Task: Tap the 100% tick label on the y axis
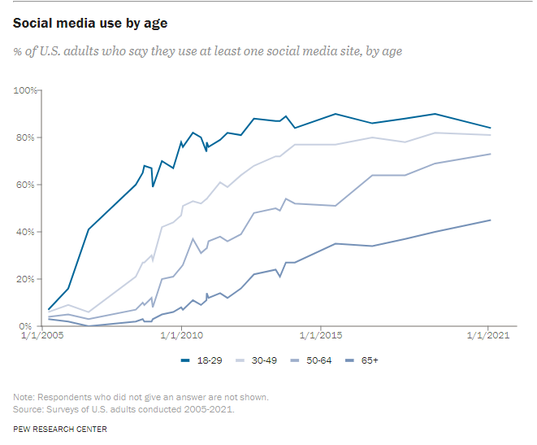26,90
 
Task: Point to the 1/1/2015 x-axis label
320,335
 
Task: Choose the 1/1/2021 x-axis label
488,335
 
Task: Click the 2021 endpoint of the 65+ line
490,220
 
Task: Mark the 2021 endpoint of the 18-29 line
490,128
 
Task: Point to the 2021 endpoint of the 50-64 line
490,154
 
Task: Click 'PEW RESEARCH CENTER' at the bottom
59,428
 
